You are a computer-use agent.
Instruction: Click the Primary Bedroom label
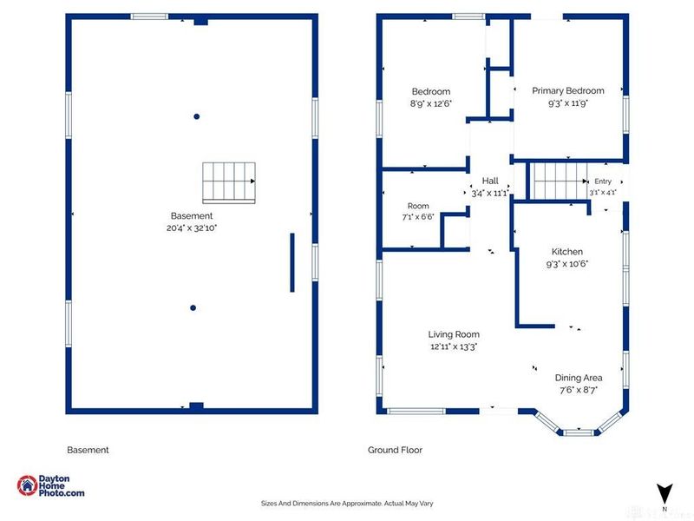tap(568, 91)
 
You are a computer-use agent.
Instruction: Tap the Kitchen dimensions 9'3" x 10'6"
tap(567, 264)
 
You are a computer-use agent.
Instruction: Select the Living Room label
tap(454, 334)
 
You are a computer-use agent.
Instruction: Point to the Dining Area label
tap(579, 378)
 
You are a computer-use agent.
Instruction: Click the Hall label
tap(490, 181)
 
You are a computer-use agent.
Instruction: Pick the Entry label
tap(603, 181)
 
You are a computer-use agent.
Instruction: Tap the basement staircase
tap(229, 183)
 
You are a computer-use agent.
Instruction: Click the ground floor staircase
tap(559, 181)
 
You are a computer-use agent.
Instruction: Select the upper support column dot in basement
tap(197, 116)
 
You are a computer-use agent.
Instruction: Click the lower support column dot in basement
tap(193, 308)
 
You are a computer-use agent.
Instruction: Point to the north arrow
tap(665, 493)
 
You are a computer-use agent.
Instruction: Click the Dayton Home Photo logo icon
tap(27, 485)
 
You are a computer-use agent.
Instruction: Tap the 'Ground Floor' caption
tap(395, 450)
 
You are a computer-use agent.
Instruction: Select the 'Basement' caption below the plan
tap(88, 450)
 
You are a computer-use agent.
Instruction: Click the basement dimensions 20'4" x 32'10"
tap(192, 228)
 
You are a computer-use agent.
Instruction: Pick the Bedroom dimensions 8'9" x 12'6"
tap(430, 104)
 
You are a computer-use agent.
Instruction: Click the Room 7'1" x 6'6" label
tap(418, 211)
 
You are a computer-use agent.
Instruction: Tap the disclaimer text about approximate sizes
tap(347, 504)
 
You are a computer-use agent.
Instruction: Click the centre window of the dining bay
tap(579, 432)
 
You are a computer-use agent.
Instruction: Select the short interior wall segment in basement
tap(292, 263)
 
